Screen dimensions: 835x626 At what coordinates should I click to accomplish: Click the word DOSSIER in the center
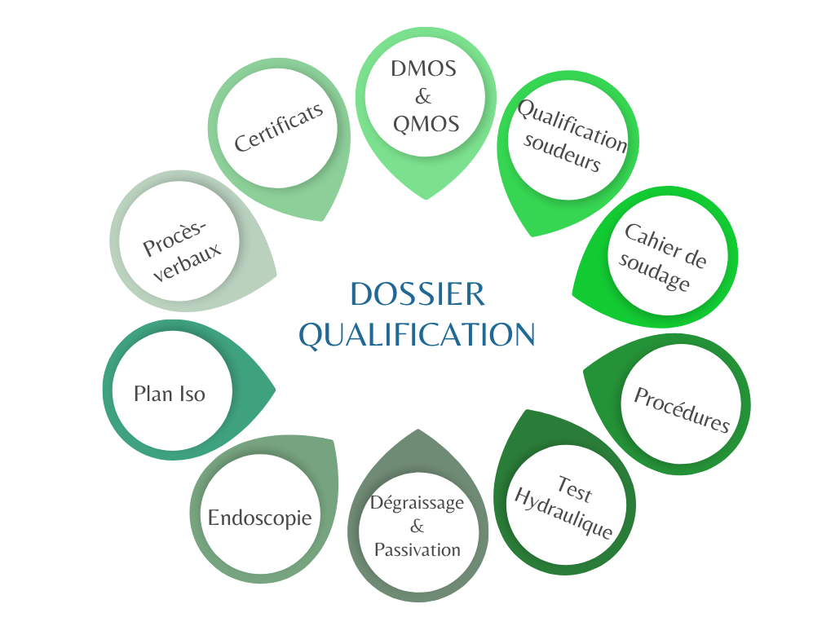[417, 293]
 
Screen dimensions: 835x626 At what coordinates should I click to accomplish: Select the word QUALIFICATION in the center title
[417, 335]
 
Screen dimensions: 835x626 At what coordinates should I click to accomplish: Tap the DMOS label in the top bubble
[423, 68]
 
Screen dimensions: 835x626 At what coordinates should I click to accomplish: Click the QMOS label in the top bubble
[426, 124]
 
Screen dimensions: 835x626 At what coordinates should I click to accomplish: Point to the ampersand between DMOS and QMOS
[423, 96]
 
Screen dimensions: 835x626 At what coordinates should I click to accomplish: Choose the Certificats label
[279, 126]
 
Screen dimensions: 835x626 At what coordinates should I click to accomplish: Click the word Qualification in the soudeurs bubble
[572, 125]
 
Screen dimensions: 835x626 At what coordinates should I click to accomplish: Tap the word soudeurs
[562, 152]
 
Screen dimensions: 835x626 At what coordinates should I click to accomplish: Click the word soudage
[654, 271]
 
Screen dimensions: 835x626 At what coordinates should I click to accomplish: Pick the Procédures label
[682, 410]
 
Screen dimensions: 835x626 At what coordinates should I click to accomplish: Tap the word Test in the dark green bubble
[575, 489]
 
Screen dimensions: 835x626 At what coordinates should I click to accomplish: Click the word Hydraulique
[563, 514]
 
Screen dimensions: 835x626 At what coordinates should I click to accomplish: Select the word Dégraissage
[417, 503]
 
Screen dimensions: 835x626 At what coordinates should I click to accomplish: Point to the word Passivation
[417, 549]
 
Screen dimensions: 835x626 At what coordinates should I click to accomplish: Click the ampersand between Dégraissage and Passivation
[417, 526]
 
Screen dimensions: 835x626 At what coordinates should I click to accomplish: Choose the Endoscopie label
[260, 518]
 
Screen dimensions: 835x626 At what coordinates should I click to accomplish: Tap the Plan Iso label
[170, 394]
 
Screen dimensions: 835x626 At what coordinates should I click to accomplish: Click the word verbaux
[188, 262]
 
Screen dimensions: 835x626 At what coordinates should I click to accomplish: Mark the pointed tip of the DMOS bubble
[426, 199]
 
